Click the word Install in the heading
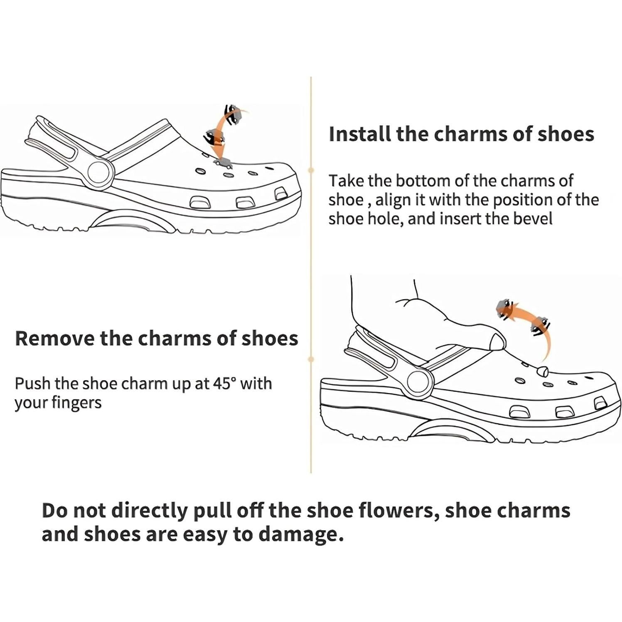359,134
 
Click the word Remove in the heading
54,338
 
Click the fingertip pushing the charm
497,342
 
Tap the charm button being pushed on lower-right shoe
542,371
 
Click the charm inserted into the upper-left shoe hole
224,162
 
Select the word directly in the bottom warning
150,511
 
